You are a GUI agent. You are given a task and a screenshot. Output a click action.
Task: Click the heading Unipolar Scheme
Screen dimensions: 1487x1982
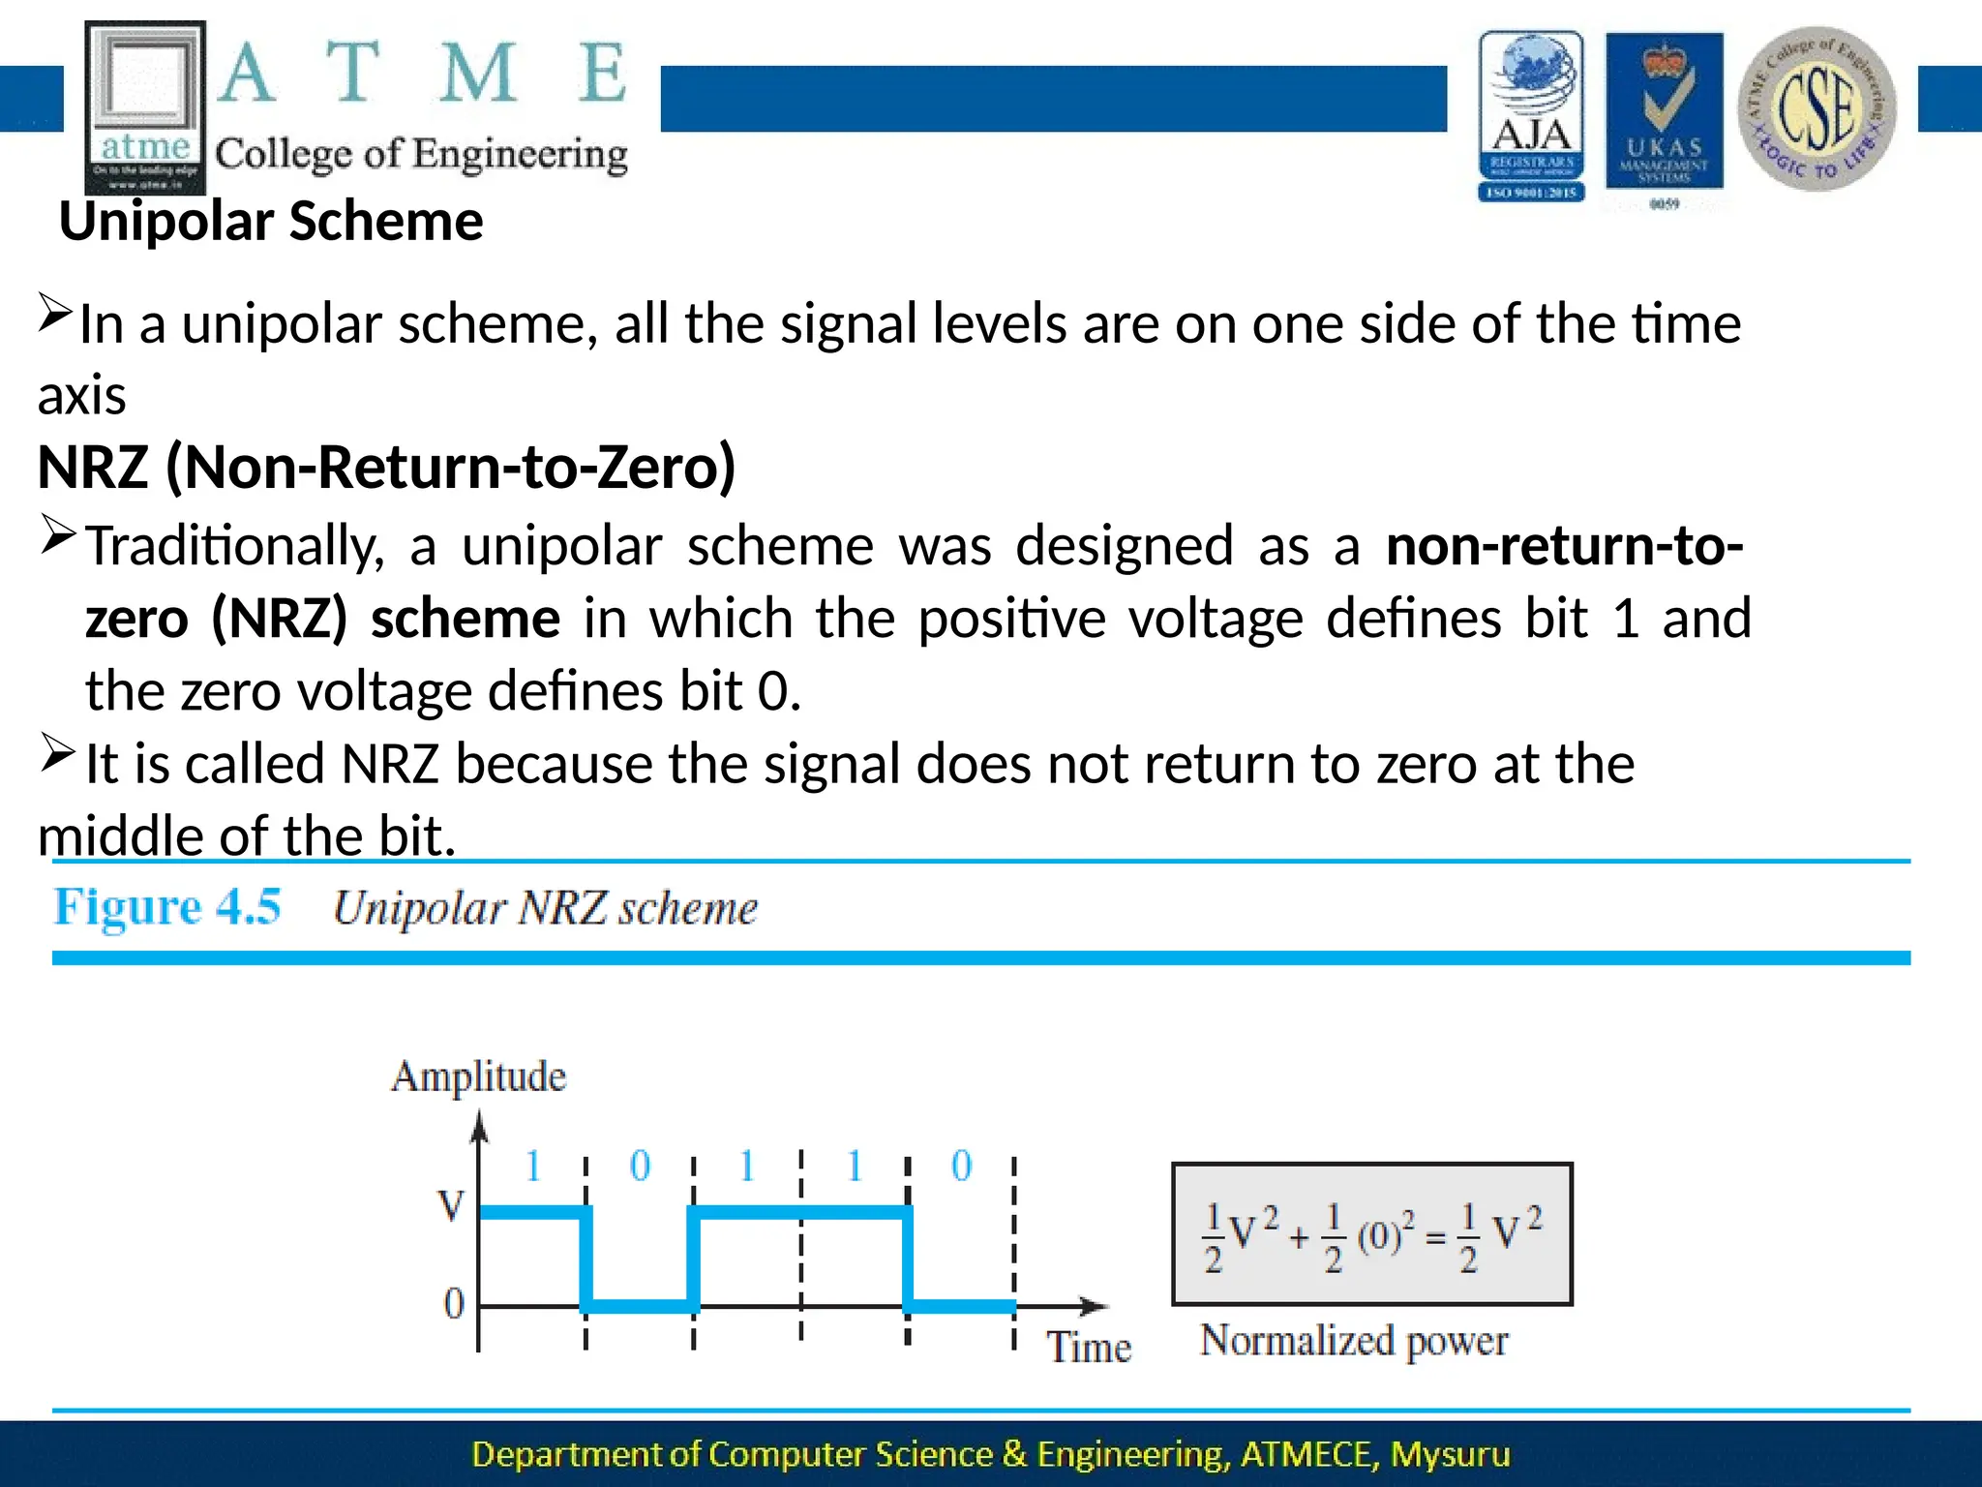(271, 222)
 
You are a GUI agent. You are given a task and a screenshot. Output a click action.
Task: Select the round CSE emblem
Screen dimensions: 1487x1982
(1817, 108)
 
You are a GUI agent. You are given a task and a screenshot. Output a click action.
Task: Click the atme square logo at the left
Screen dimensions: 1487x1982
(145, 106)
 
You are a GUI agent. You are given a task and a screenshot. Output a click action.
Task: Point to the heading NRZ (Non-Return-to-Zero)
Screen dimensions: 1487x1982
(386, 468)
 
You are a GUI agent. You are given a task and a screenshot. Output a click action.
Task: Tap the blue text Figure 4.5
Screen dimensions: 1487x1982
(166, 907)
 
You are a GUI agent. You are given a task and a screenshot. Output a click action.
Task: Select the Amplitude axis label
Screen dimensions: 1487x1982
(478, 1077)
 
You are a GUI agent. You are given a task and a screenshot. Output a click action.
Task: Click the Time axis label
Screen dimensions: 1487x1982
(1089, 1348)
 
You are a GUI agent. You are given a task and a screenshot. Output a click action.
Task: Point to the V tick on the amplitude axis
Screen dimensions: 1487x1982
(451, 1206)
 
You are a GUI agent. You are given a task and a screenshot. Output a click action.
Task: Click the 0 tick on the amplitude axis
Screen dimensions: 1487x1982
(454, 1304)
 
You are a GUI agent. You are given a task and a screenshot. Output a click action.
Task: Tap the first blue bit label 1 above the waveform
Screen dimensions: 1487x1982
(532, 1166)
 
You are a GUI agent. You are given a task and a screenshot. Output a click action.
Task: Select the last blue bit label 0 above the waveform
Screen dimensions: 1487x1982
(961, 1166)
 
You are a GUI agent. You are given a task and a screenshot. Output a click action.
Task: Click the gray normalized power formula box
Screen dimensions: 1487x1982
(1371, 1234)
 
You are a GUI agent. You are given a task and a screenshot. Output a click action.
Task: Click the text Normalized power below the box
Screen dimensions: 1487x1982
(1353, 1342)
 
